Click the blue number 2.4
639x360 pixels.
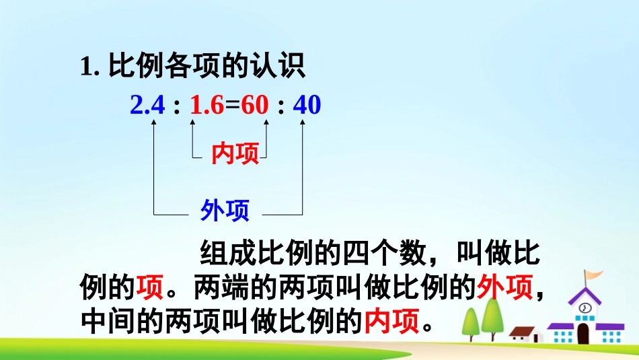coord(147,106)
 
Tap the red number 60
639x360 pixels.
coord(255,106)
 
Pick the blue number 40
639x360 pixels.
coord(307,106)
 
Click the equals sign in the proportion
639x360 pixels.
coord(232,106)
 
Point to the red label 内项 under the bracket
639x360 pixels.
coord(235,154)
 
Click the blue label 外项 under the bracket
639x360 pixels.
coord(225,211)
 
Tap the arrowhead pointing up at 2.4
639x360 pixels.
coord(155,123)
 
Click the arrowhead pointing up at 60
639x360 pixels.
coord(266,123)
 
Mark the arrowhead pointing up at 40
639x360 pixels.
coord(303,123)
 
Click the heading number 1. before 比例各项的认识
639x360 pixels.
coord(89,67)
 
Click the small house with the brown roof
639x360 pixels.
coord(525,334)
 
